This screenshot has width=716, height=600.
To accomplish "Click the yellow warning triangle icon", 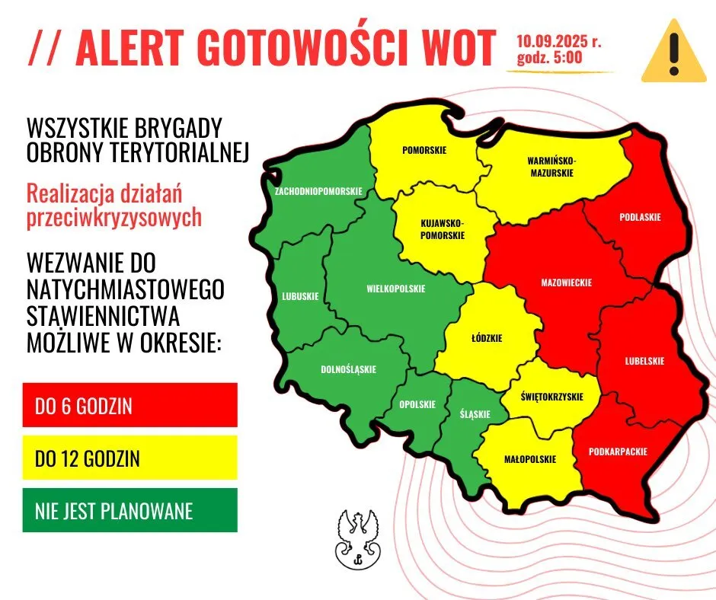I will pos(672,53).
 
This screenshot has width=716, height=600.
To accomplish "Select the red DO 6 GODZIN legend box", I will pos(130,405).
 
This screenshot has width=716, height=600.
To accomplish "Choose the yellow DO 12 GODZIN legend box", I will pos(130,458).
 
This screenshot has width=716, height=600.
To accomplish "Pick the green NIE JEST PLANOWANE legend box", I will pos(130,510).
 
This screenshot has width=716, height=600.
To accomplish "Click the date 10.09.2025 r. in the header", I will pos(558,41).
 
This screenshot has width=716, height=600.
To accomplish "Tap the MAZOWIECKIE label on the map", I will pos(566,282).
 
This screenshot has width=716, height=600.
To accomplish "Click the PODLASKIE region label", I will pos(640,217).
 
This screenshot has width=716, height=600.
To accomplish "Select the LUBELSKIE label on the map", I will pos(644,361).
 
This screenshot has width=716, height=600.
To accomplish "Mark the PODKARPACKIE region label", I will pos(618,452).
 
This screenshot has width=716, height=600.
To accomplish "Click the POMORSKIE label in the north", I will pos(424,150).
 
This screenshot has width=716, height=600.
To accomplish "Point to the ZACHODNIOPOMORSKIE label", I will pos(318,190).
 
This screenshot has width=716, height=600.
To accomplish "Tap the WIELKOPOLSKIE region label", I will pos(395,289).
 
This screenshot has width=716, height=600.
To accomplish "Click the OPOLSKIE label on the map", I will pos(417,404).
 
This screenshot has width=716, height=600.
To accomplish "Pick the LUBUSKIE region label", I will pos(300,296).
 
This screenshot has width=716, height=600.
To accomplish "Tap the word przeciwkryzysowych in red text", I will pos(114,218).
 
